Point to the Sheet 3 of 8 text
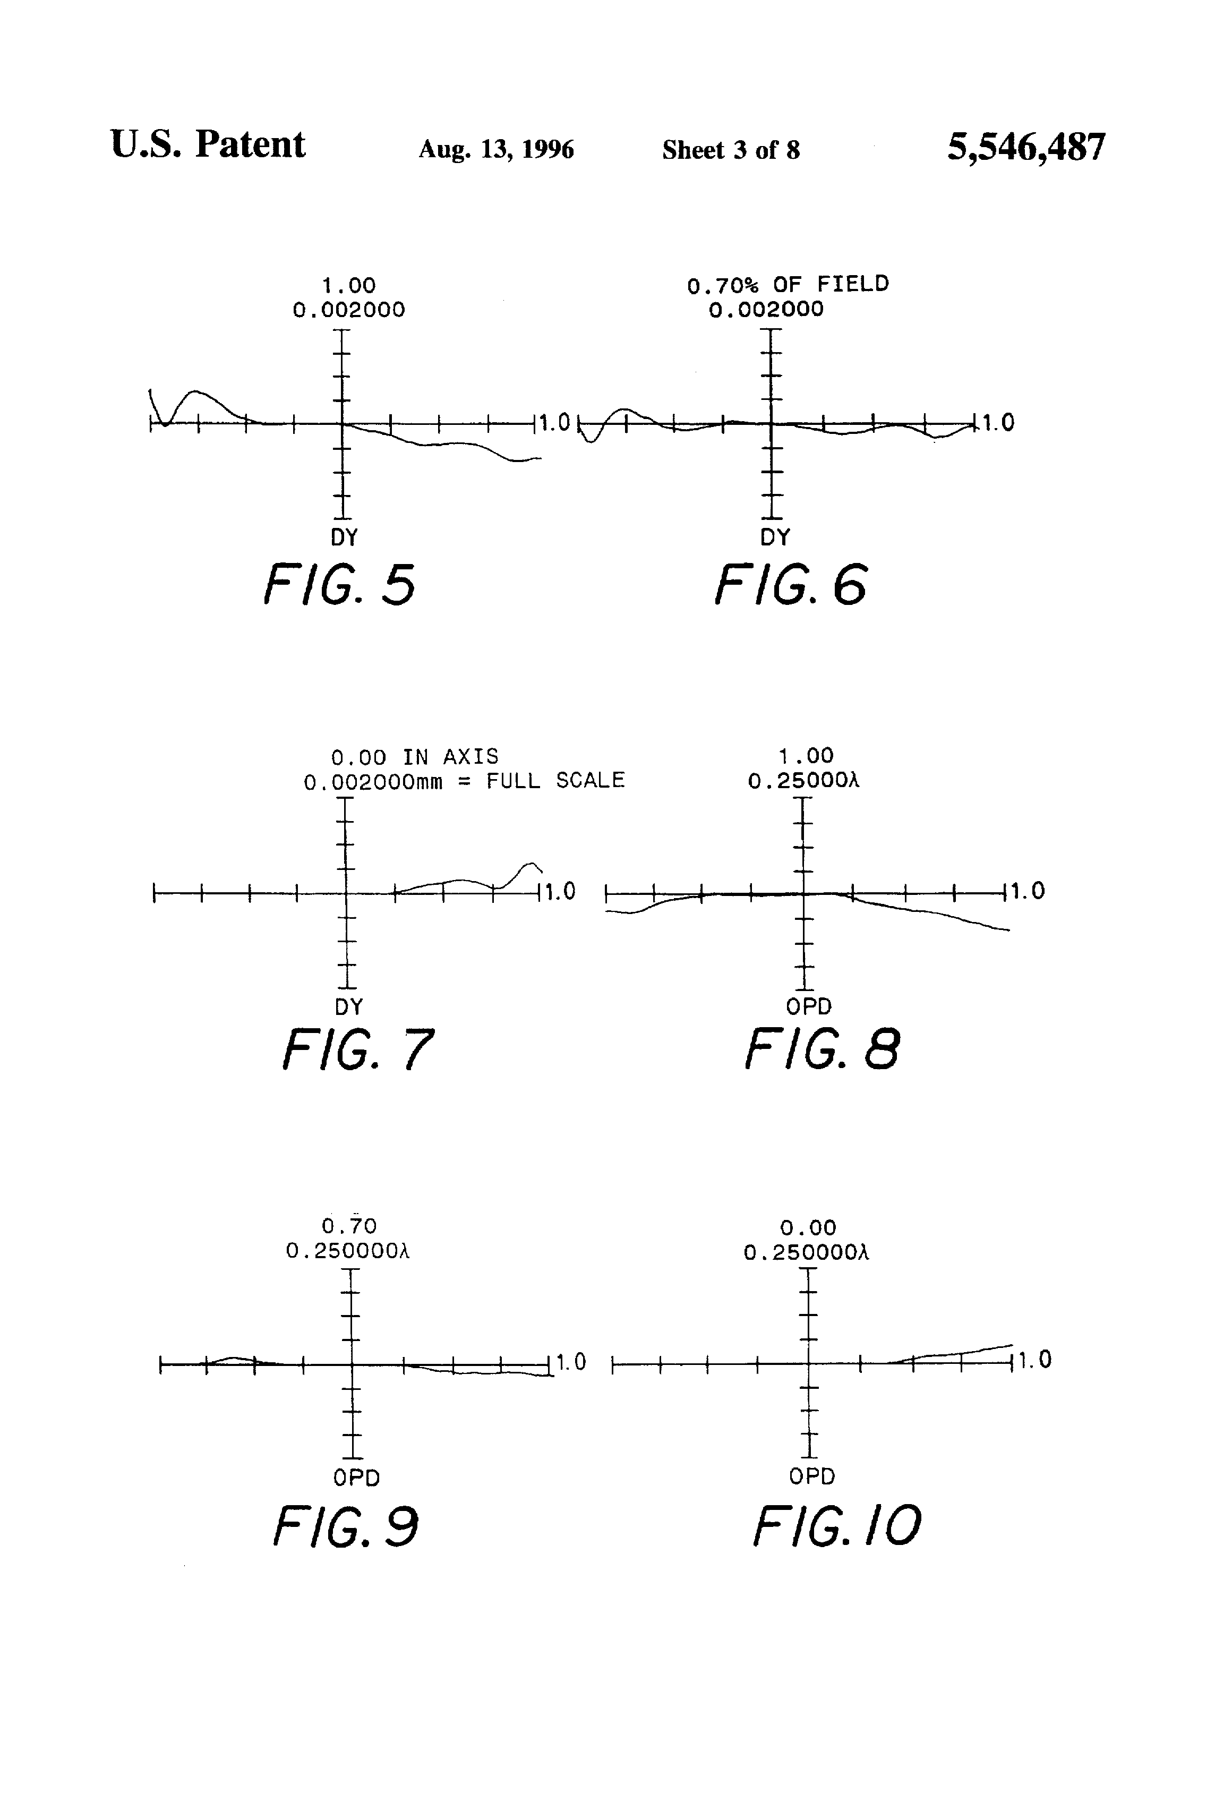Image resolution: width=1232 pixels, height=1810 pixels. (731, 150)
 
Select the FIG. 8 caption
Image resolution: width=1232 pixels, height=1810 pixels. (823, 1048)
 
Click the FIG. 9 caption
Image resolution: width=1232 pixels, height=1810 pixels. (346, 1526)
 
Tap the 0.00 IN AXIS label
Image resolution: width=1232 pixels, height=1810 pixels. (415, 757)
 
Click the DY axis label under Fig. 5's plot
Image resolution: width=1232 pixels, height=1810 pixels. (344, 537)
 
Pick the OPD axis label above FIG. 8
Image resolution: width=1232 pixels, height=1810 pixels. (808, 1007)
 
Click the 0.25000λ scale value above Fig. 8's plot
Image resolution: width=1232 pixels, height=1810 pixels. (803, 780)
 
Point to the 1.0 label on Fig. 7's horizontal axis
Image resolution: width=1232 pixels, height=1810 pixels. (559, 892)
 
